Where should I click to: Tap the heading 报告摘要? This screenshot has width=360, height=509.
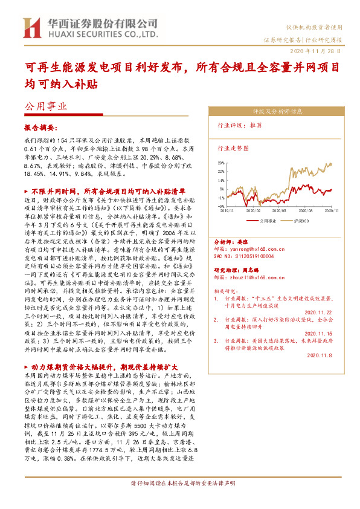(40, 128)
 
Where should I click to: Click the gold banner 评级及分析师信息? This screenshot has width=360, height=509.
(277, 111)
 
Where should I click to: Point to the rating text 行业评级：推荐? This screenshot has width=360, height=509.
(239, 126)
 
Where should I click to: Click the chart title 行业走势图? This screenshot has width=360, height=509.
(233, 148)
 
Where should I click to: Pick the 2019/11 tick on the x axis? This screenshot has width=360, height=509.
(228, 210)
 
